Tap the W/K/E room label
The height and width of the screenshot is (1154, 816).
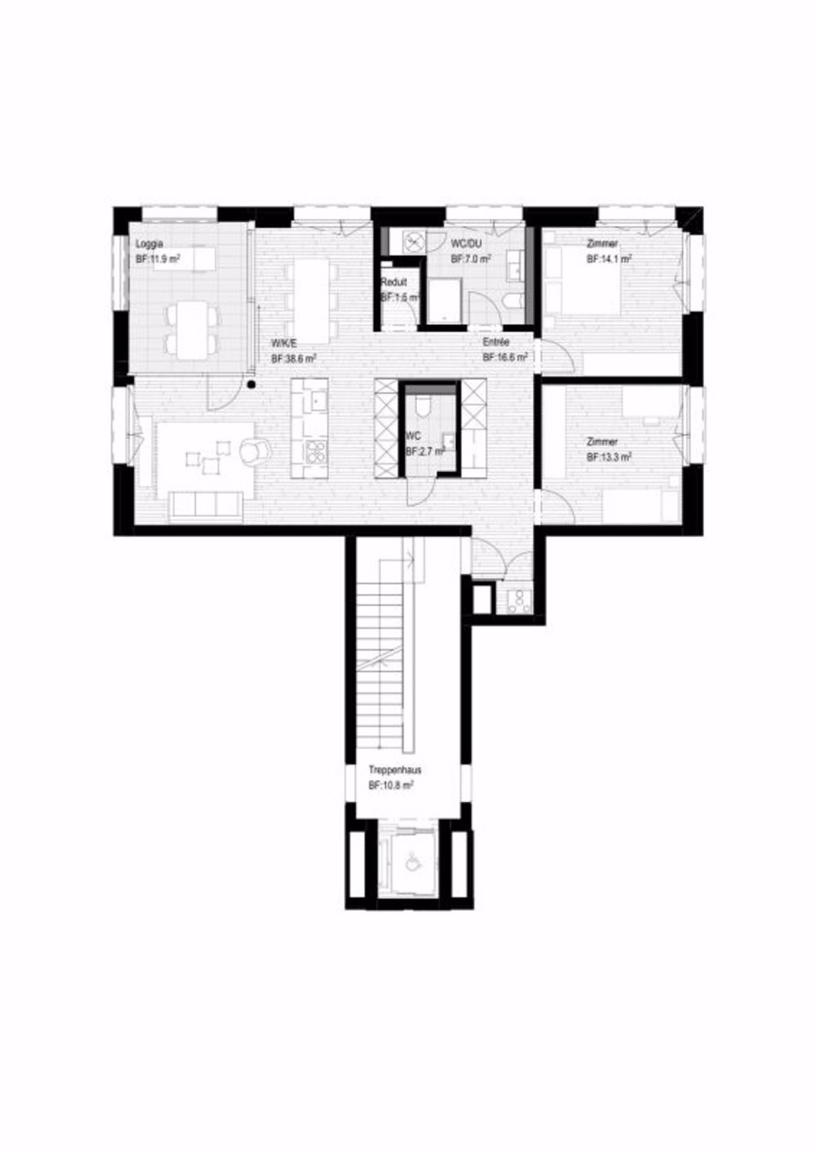tap(282, 344)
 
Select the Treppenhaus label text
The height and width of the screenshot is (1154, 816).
tap(395, 770)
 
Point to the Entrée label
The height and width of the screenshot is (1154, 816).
tap(496, 343)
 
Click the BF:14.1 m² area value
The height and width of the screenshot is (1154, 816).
tap(610, 258)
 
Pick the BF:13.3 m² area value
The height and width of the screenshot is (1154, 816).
tap(609, 457)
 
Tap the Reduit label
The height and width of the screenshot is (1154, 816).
tap(394, 283)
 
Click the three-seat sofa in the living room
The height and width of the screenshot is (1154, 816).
tap(206, 506)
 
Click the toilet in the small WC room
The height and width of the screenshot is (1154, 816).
tap(422, 406)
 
